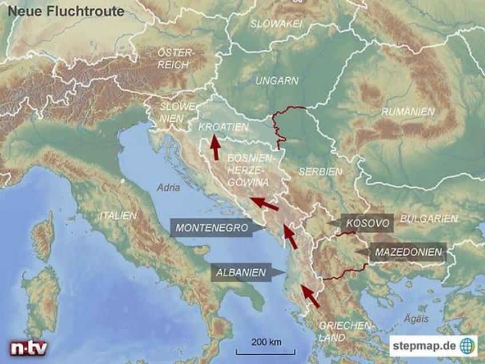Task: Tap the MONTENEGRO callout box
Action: (x=212, y=227)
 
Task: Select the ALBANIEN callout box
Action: (x=240, y=273)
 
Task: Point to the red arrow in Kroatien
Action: (x=215, y=147)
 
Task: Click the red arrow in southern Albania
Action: (x=309, y=296)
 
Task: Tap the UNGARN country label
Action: (x=277, y=81)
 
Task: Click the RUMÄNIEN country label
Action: (x=408, y=112)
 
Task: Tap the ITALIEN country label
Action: (x=118, y=216)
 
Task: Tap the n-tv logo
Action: (x=28, y=348)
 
